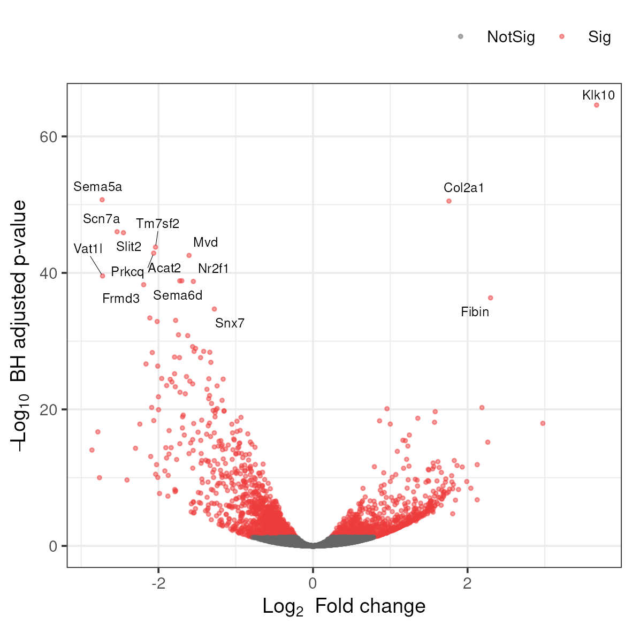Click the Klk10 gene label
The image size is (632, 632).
[x=598, y=95]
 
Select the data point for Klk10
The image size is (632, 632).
[x=597, y=105]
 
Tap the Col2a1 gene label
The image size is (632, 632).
[x=463, y=188]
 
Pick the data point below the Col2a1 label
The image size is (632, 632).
[x=449, y=201]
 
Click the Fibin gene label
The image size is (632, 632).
[x=475, y=312]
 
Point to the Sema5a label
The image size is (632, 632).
[x=97, y=187]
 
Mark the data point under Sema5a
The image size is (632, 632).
[x=102, y=200]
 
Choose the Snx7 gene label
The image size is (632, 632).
[x=230, y=323]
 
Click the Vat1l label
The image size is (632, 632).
[x=88, y=249]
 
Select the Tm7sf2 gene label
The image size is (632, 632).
[x=157, y=224]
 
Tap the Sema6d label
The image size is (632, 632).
[x=178, y=295]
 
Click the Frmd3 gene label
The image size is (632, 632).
[x=121, y=299]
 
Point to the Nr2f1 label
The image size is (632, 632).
[x=213, y=269]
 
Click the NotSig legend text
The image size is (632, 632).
[x=511, y=37]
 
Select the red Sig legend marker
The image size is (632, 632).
[x=562, y=37]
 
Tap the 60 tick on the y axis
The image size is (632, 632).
[x=48, y=137]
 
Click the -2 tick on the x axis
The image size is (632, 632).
[x=158, y=583]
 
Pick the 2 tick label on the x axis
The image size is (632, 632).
[x=467, y=583]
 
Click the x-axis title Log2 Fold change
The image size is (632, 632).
[x=344, y=606]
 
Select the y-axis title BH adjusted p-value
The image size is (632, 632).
[x=19, y=325]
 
